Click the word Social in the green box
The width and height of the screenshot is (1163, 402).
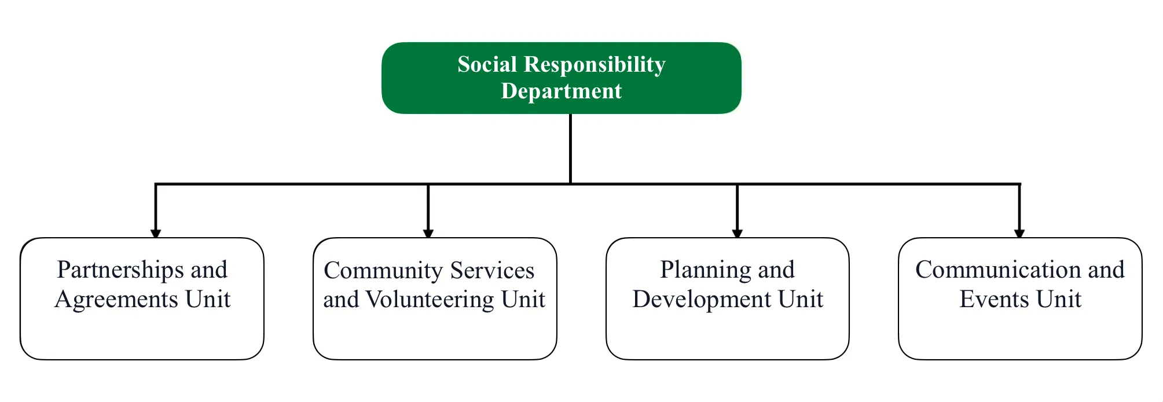pyautogui.click(x=487, y=64)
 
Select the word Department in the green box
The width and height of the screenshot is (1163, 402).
pyautogui.click(x=561, y=91)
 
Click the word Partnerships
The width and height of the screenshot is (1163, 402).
pyautogui.click(x=120, y=270)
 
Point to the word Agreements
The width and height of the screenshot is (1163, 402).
pyautogui.click(x=116, y=300)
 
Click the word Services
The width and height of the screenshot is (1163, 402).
pyautogui.click(x=492, y=271)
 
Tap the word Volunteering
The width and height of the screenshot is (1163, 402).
pyautogui.click(x=430, y=300)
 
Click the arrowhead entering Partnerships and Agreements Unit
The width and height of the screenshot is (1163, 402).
pyautogui.click(x=156, y=233)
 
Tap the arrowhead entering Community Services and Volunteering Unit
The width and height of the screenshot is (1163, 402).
pyautogui.click(x=428, y=233)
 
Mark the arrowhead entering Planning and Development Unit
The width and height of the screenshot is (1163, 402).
pyautogui.click(x=737, y=233)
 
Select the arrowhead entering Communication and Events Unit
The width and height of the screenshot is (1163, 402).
pyautogui.click(x=1019, y=233)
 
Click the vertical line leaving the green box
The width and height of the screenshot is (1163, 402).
pyautogui.click(x=570, y=148)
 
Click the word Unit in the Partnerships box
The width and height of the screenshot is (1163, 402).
pyautogui.click(x=208, y=300)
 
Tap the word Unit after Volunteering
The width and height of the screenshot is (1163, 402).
pyautogui.click(x=523, y=300)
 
